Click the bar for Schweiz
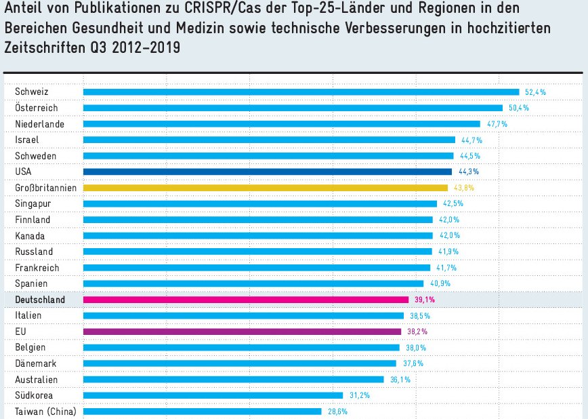tap(301, 92)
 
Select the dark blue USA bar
tap(267, 172)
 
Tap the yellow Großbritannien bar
tap(265, 188)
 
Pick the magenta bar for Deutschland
tap(245, 300)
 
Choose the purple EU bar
tap(242, 332)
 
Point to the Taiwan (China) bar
tap(202, 412)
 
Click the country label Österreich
tap(37, 108)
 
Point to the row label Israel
tap(27, 140)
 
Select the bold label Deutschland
tap(40, 300)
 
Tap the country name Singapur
tap(33, 203)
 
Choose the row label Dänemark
tap(35, 363)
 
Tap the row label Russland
tap(33, 252)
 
